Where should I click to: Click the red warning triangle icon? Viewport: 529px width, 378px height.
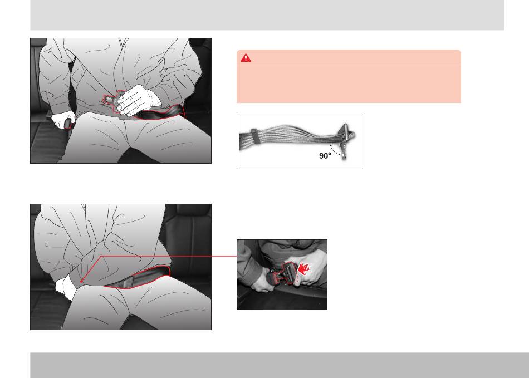pos(246,58)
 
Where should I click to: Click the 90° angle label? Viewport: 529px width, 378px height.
pos(325,155)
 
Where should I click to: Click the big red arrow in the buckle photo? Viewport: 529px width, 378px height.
pos(304,269)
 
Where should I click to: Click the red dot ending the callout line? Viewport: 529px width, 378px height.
pos(81,281)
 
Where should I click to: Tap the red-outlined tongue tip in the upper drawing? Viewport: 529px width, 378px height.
pos(109,99)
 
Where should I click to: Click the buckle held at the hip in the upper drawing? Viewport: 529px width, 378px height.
pos(68,124)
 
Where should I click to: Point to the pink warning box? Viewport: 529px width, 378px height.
pos(349,76)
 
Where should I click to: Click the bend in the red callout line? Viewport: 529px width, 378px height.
pos(101,256)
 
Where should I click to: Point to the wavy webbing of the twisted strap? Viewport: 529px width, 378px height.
pos(297,135)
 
